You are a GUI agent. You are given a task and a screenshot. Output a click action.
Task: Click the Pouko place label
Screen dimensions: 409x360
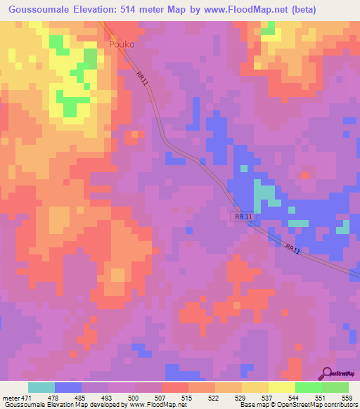coord(122,44)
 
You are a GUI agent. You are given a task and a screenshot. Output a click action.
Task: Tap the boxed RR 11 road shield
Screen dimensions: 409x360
coord(243,219)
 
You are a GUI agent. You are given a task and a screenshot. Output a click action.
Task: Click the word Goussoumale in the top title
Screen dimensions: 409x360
coord(38,10)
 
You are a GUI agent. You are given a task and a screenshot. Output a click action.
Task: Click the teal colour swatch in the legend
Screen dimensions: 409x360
coord(41,387)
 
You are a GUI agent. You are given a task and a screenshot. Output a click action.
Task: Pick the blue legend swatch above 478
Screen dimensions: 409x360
coord(68,387)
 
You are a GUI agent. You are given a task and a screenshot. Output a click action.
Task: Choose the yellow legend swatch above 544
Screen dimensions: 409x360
coord(282,387)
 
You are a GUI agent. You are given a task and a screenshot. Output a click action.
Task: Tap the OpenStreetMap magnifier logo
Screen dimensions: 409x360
coord(328,373)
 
